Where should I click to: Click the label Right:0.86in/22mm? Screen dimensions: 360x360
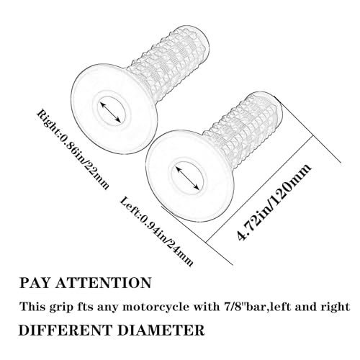[73, 149]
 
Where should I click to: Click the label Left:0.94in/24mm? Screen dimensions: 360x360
[156, 231]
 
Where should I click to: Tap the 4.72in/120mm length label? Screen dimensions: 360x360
[274, 202]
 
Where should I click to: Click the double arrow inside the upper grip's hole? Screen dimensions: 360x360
[110, 112]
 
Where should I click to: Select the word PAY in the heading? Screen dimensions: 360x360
[35, 283]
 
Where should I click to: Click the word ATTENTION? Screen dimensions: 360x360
[104, 283]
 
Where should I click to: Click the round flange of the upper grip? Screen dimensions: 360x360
[114, 109]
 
